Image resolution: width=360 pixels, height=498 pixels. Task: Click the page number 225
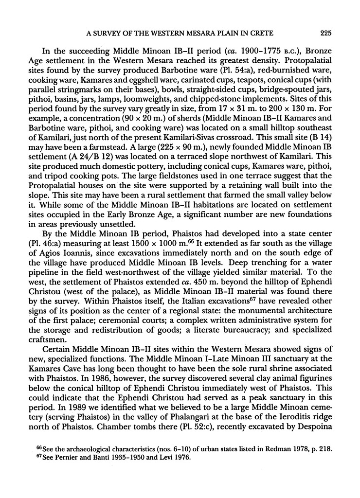point(326,34)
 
